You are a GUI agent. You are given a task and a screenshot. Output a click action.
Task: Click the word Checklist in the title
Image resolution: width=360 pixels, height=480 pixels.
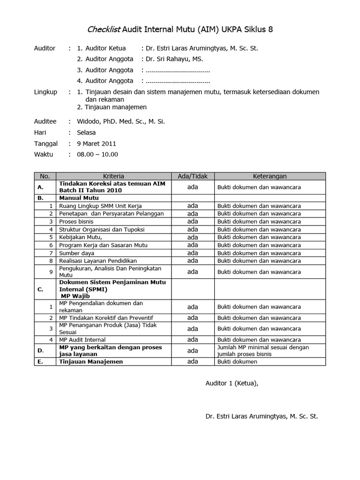tap(104, 30)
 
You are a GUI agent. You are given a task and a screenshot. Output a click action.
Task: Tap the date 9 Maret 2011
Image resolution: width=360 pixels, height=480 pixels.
tap(97, 143)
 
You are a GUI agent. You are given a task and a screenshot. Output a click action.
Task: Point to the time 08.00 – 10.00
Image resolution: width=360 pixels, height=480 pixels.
tap(97, 154)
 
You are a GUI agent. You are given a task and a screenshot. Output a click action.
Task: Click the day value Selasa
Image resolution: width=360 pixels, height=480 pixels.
tap(86, 133)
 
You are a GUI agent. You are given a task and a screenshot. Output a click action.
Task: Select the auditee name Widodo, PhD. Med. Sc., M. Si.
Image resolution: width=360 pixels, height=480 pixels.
tap(121, 121)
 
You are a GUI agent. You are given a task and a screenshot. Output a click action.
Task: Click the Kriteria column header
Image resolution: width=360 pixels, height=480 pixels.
tap(113, 176)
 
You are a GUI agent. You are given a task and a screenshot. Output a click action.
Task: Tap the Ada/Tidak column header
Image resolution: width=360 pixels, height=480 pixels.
tap(193, 176)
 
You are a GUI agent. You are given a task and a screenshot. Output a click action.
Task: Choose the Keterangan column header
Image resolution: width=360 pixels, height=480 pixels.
tap(270, 176)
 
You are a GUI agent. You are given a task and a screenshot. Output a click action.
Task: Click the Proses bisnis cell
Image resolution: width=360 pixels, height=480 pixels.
tap(76, 222)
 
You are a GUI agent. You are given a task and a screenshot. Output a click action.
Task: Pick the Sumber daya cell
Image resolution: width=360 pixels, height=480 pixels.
tap(77, 253)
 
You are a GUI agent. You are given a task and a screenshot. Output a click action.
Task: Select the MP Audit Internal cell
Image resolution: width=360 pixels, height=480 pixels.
tap(82, 340)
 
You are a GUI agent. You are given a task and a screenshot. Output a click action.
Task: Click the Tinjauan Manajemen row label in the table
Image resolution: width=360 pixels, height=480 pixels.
tap(91, 362)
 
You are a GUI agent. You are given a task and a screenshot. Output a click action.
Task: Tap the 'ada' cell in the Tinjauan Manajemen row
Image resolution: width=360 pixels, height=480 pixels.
tap(193, 362)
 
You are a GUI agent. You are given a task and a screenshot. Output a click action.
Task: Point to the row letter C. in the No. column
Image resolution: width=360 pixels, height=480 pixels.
tap(40, 290)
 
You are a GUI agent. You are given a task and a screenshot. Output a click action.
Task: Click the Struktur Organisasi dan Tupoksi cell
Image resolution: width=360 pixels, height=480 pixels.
tap(102, 230)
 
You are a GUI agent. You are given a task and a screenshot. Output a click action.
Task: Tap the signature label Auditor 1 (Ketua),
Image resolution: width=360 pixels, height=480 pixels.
tap(232, 383)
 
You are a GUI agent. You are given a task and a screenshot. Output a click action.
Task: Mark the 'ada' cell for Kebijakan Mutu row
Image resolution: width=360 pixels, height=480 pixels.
tap(193, 237)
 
